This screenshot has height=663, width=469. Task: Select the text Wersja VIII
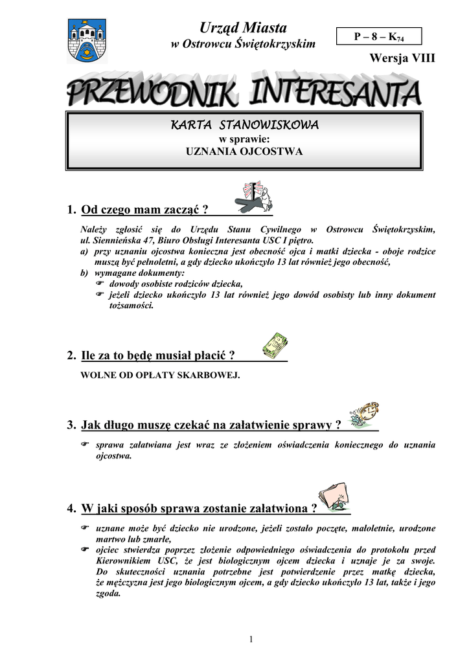point(402,58)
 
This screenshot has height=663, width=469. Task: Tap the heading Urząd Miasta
point(243,28)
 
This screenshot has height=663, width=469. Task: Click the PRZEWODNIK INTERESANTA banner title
point(244,93)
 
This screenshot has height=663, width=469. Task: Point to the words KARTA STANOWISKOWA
point(244,125)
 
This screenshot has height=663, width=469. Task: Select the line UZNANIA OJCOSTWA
point(244,152)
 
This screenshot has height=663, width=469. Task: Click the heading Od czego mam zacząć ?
point(145,209)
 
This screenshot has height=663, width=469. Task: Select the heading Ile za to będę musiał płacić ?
point(158,355)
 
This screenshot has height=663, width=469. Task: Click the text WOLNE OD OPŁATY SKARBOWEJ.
point(160,375)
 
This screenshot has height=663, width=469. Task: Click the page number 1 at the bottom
point(250,640)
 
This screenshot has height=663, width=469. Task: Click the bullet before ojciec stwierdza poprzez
point(84,550)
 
